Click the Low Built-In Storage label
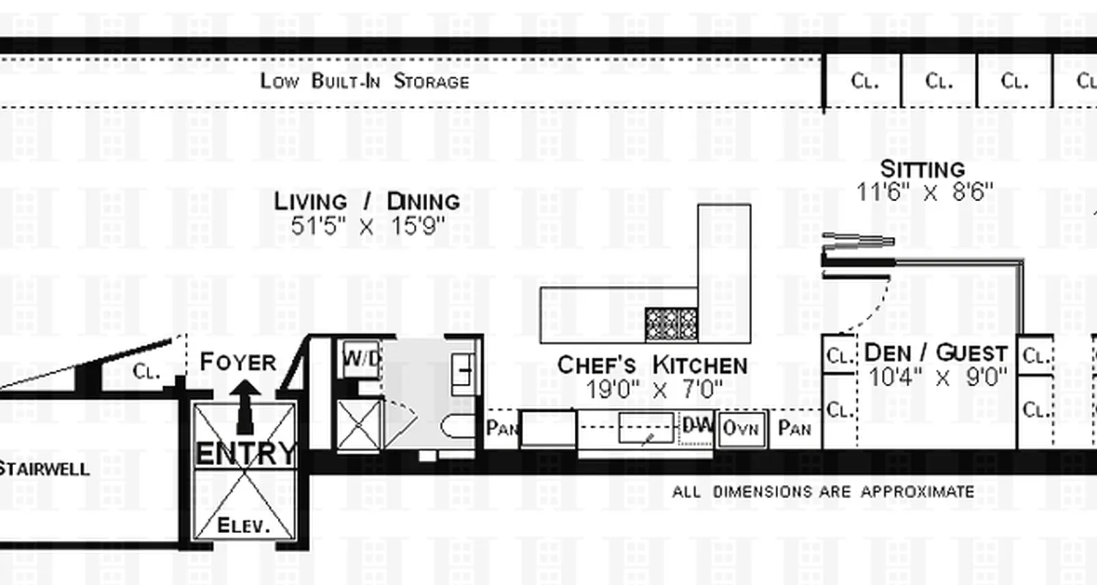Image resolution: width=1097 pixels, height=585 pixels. (x=364, y=80)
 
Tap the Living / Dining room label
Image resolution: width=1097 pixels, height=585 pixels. (x=367, y=200)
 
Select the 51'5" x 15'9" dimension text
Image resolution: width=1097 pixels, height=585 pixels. (x=367, y=226)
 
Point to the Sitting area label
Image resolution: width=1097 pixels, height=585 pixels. (x=922, y=169)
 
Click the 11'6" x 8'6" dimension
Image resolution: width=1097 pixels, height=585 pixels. (x=924, y=192)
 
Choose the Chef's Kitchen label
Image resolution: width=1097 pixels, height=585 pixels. (x=652, y=364)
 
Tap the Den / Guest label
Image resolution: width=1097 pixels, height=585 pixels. (x=935, y=353)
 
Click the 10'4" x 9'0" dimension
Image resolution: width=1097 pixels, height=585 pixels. (x=938, y=377)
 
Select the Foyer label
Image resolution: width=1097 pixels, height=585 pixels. (x=238, y=361)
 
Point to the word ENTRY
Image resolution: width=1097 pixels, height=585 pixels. (x=246, y=453)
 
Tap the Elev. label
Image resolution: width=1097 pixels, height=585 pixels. (x=244, y=525)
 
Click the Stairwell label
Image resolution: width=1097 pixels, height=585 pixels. (x=44, y=469)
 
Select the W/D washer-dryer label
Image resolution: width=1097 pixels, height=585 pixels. (x=361, y=358)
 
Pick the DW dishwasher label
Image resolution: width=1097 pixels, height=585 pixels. (x=696, y=426)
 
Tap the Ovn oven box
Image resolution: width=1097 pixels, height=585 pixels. (x=742, y=429)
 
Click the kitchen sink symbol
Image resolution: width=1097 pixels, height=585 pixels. (x=646, y=428)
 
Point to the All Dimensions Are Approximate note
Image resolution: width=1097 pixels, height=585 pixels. (x=823, y=491)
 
